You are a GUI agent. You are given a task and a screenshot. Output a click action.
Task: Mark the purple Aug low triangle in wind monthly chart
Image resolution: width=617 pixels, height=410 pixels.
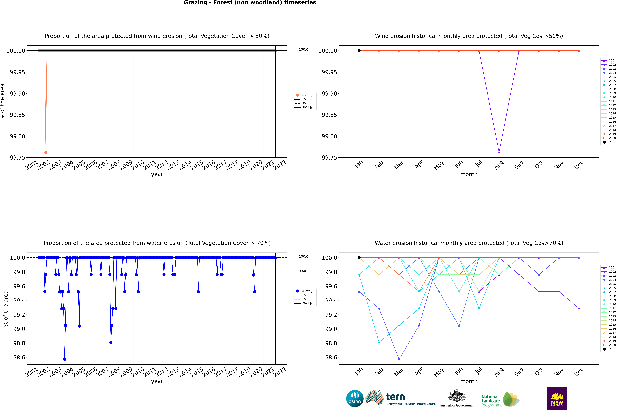click(499, 152)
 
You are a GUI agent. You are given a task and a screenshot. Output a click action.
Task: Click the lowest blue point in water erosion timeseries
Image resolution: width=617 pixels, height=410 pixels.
click(65, 359)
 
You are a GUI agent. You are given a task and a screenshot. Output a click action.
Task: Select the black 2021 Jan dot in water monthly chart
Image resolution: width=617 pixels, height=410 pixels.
click(359, 258)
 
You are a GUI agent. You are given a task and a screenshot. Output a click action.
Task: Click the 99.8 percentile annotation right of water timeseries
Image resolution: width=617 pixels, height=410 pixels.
click(302, 271)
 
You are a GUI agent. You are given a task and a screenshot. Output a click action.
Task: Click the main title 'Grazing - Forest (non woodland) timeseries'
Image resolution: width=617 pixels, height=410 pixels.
click(250, 3)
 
